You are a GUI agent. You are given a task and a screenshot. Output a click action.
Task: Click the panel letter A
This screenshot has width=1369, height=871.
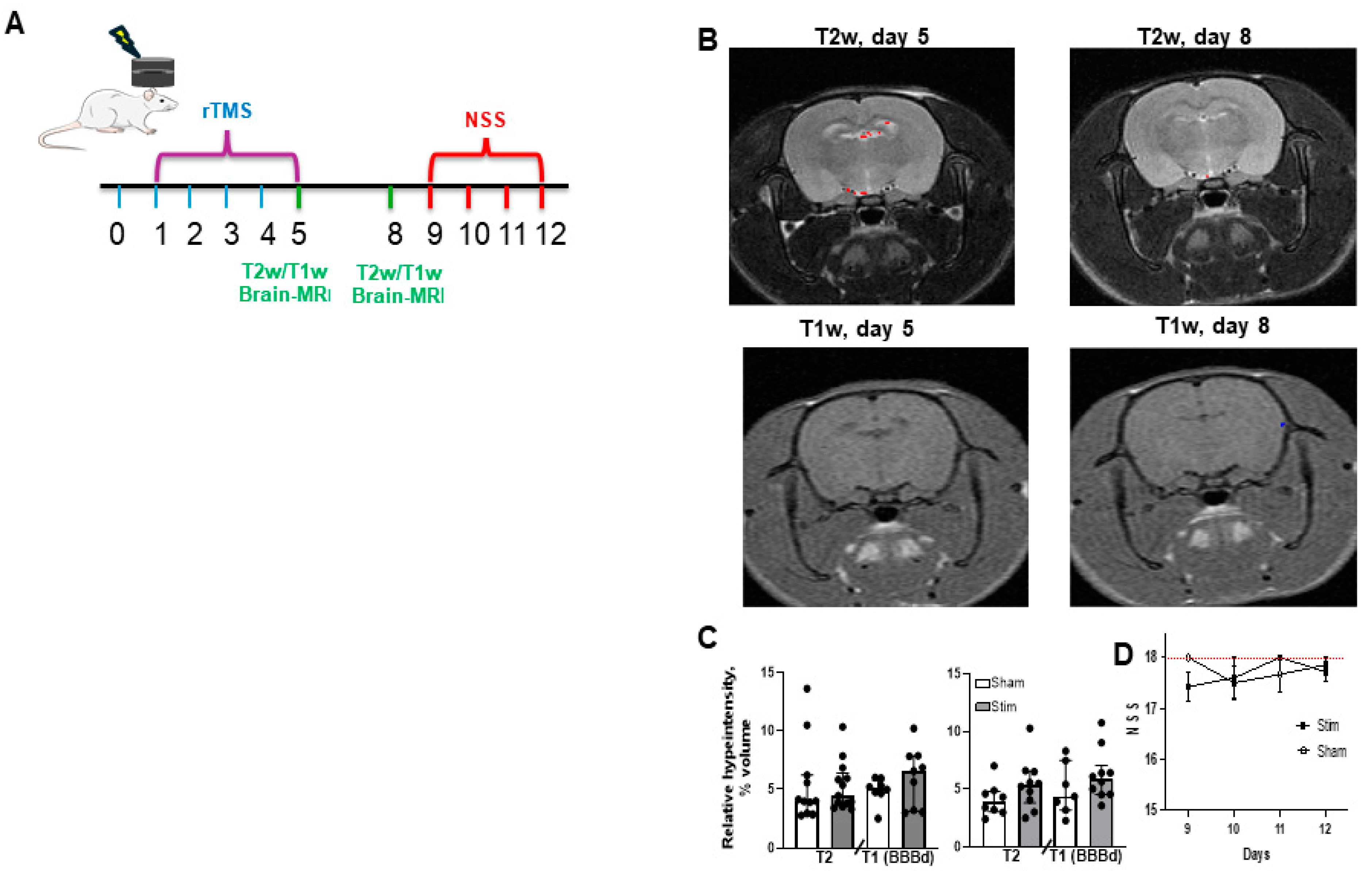coord(15,24)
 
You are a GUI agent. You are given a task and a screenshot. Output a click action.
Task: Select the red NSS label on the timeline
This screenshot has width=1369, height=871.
coord(485,120)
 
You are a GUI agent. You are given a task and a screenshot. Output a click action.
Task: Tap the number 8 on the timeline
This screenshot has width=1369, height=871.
coord(395,234)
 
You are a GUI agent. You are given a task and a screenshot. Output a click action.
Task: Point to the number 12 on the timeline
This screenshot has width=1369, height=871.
coord(550,234)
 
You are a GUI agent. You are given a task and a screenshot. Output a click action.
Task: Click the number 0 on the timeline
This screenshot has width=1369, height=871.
coord(117,234)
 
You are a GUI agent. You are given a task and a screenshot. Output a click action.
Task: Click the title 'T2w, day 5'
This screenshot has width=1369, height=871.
coord(872,36)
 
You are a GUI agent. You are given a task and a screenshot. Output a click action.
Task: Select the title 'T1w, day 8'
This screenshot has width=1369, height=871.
coord(1212,326)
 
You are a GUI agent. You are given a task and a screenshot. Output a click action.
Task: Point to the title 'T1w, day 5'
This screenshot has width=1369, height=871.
coord(856,329)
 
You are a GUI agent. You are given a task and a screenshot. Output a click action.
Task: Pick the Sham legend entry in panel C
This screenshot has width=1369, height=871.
coord(1001,682)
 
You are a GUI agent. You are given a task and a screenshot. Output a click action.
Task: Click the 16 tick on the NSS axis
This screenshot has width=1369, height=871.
coord(1151,759)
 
